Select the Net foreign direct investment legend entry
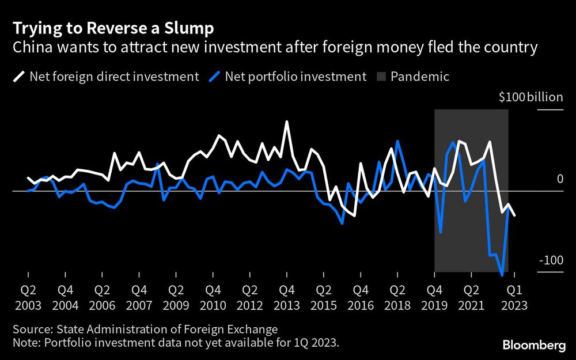pos(107,77)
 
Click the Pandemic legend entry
pos(411,77)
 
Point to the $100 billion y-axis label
pos(530,97)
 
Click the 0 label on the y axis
pos(559,180)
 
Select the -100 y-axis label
pos(551,260)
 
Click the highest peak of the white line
pos(286,122)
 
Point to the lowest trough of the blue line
pos(502,275)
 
